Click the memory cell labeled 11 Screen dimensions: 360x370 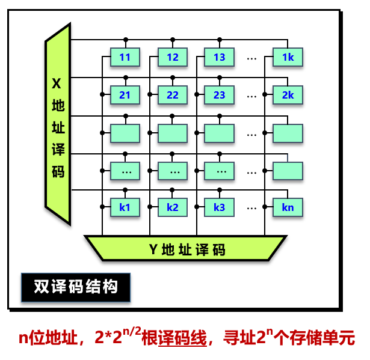(125, 58)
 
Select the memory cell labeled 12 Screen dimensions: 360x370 (173, 58)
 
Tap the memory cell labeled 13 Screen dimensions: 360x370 (219, 58)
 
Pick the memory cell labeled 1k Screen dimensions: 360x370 (288, 58)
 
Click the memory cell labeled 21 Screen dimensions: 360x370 (125, 95)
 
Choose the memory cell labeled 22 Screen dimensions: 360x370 (173, 95)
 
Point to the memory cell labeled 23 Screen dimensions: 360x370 (219, 95)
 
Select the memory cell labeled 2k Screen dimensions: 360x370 (288, 95)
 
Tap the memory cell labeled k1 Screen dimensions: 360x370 (125, 208)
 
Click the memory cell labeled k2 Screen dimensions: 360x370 (173, 208)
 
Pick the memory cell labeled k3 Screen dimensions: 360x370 (219, 208)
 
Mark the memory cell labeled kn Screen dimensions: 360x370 (288, 208)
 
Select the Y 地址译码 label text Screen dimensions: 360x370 (187, 249)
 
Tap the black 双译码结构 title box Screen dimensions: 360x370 (75, 287)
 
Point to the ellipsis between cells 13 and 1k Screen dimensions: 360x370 (252, 58)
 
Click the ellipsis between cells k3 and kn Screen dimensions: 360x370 (252, 209)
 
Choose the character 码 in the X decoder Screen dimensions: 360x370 (58, 172)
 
